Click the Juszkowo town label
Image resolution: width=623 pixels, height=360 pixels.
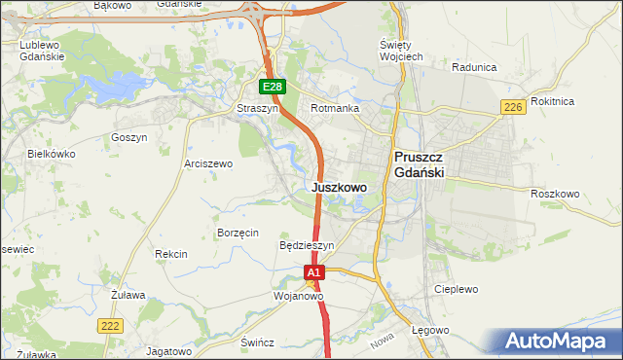click(340, 187)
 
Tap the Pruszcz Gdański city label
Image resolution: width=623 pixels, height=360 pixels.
click(419, 163)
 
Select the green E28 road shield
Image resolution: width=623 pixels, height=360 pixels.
click(273, 87)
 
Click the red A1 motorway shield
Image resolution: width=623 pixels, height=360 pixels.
click(313, 274)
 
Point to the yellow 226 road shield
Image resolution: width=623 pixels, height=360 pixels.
click(513, 107)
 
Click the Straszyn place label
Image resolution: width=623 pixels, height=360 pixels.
click(258, 109)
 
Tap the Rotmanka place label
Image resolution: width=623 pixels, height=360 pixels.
click(335, 109)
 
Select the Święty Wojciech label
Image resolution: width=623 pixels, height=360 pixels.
click(401, 52)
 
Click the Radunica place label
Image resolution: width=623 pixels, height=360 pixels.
click(475, 68)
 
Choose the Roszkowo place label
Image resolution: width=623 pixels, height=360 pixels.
click(555, 194)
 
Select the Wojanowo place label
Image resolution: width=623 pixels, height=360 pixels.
click(298, 296)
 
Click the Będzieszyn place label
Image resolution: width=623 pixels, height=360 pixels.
click(307, 246)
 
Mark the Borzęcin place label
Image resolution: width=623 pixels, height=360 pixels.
click(238, 233)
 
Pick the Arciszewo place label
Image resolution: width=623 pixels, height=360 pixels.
click(208, 164)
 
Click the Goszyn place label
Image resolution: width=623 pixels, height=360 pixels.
click(128, 138)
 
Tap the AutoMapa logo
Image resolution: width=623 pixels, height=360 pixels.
click(556, 342)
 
